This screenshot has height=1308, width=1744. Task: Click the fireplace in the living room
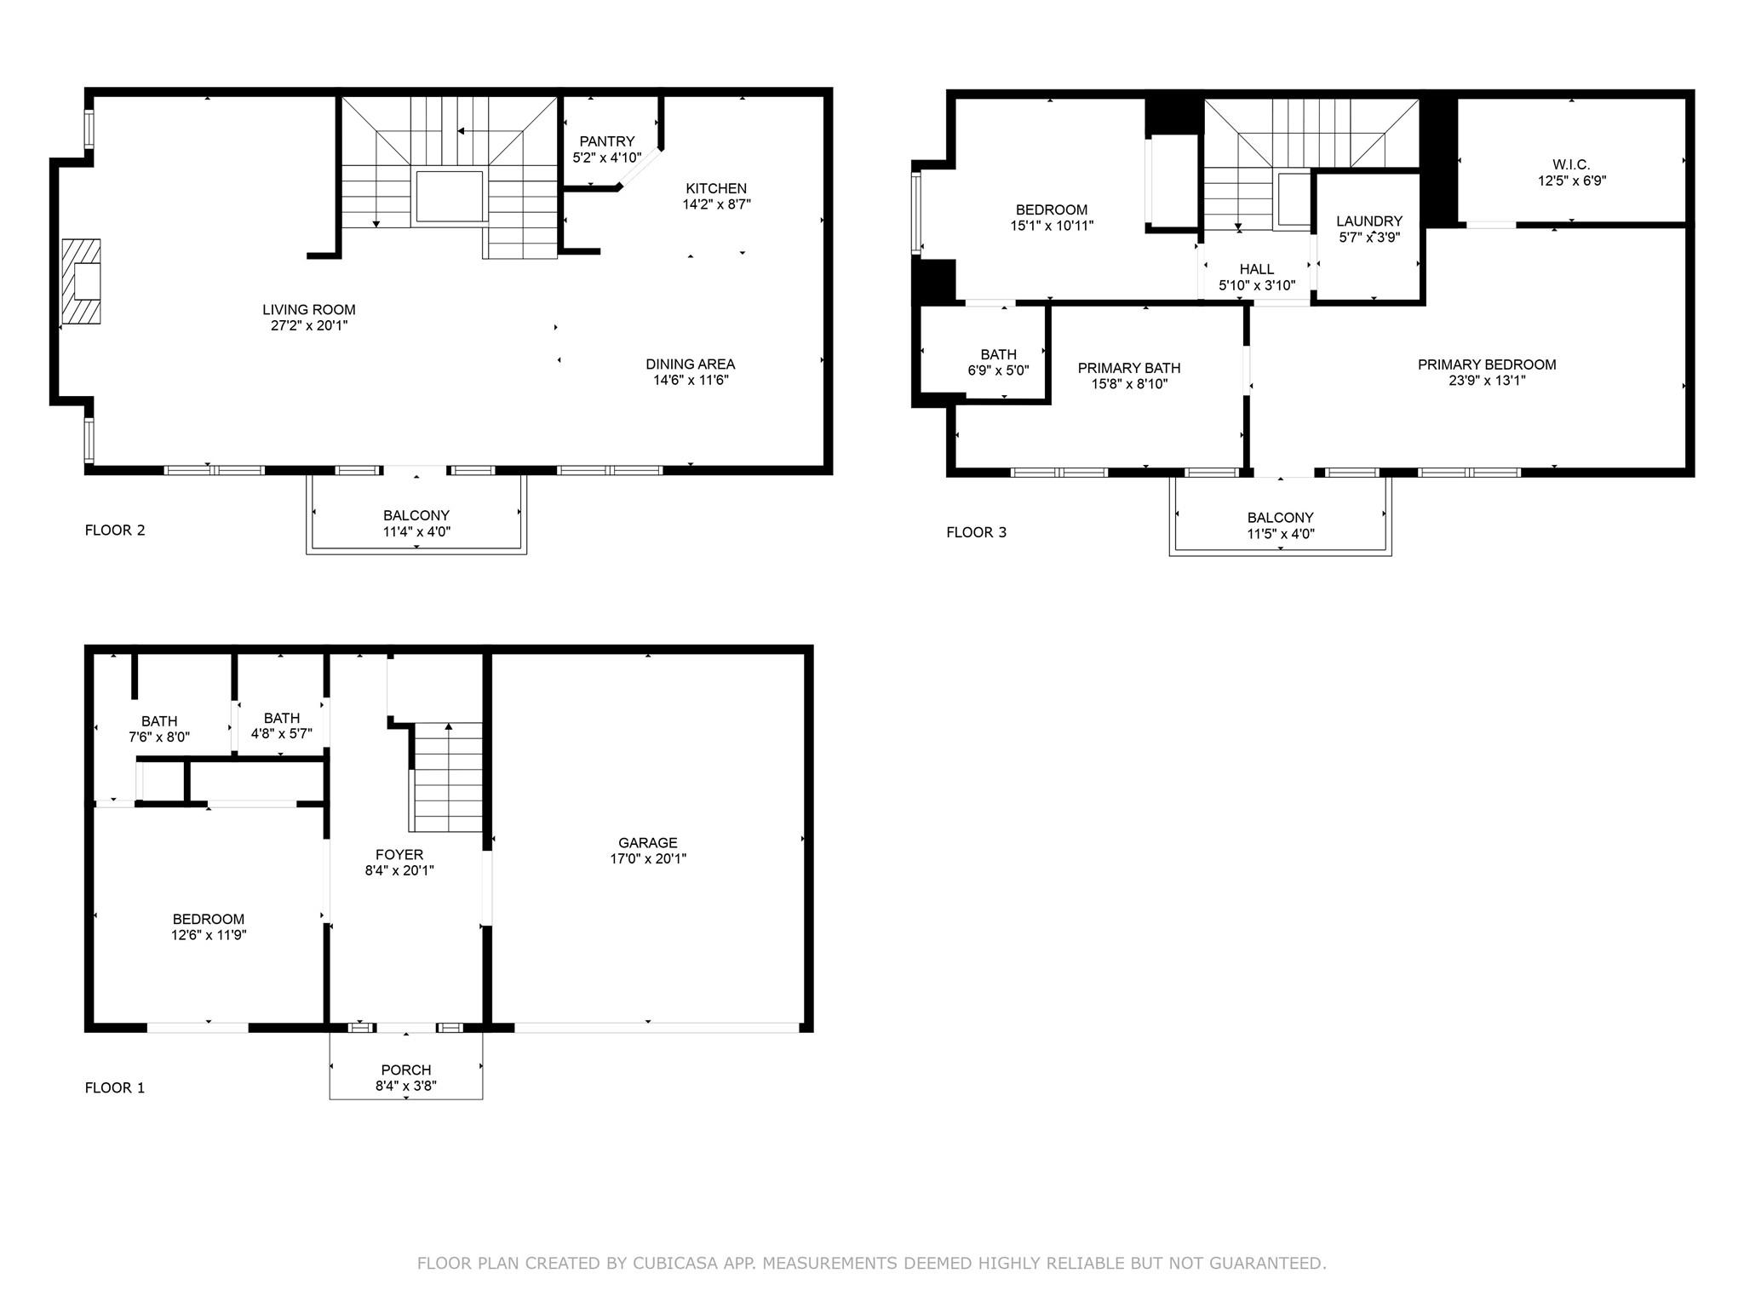point(81,282)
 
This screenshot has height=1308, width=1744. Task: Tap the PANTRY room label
point(607,141)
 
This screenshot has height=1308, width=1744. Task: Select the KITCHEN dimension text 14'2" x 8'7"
point(716,204)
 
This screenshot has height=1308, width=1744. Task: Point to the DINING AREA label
point(690,364)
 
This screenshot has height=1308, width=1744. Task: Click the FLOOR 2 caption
point(115,531)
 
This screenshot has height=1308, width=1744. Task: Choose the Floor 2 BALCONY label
point(416,515)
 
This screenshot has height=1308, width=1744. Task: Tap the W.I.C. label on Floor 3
point(1571,164)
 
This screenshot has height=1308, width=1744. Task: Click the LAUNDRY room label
point(1369,221)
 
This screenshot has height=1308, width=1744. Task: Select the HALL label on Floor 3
point(1257,270)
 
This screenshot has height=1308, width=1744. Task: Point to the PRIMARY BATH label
point(1129,368)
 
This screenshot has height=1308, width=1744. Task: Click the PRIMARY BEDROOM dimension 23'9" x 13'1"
point(1487,381)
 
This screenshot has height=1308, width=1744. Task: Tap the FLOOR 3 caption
point(977,532)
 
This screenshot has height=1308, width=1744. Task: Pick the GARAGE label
point(648,843)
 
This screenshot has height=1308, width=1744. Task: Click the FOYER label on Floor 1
point(399,855)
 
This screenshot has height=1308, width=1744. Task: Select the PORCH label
point(406,1070)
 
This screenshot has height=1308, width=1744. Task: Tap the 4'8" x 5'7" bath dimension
point(282,734)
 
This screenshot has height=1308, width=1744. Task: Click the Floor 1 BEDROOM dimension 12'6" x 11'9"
point(209,935)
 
